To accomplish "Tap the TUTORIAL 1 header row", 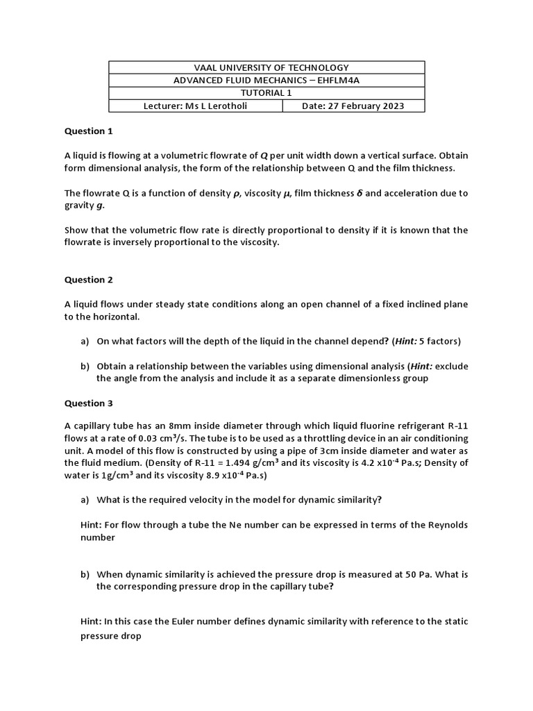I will point(266,93).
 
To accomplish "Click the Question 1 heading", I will point(88,131).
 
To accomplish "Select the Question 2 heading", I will point(88,280).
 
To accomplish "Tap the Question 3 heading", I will point(88,403).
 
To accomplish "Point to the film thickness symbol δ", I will point(357,193).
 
